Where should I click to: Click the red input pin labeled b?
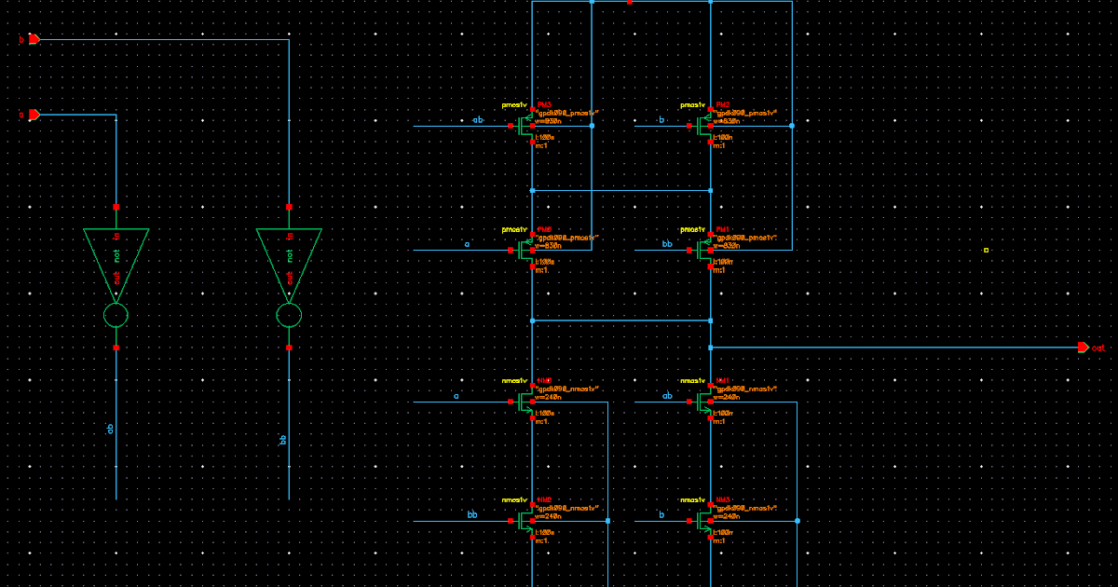click(34, 39)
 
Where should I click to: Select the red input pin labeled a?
click(34, 115)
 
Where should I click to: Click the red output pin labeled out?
click(1083, 348)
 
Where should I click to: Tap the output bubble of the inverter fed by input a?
click(116, 316)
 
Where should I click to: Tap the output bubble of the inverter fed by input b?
click(289, 316)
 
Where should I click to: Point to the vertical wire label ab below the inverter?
click(111, 429)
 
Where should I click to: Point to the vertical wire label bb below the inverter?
click(284, 439)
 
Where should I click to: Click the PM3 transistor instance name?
click(544, 105)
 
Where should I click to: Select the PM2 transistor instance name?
click(723, 105)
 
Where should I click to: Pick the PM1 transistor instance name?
click(723, 229)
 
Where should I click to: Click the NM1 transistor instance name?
click(723, 381)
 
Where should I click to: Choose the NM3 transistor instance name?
click(723, 499)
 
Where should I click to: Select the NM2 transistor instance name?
click(544, 499)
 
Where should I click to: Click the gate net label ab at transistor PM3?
click(478, 120)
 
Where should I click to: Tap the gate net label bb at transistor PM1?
click(666, 244)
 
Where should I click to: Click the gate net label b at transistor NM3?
click(661, 514)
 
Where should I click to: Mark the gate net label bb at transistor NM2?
click(472, 514)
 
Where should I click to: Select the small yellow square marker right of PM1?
click(987, 250)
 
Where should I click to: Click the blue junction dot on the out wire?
click(710, 348)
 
